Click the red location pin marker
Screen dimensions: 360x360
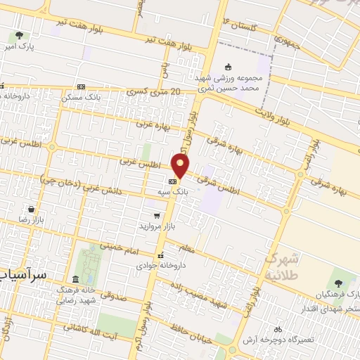pyautogui.click(x=181, y=166)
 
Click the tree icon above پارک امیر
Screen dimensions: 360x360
pyautogui.click(x=18, y=34)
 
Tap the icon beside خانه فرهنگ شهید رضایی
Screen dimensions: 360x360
pyautogui.click(x=77, y=279)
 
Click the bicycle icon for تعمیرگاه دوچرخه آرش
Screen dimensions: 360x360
pyautogui.click(x=277, y=329)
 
